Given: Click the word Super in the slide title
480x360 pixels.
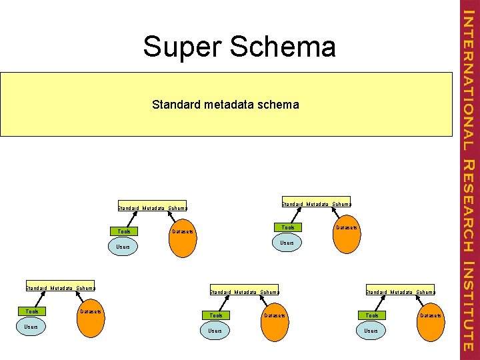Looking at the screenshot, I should [182, 47].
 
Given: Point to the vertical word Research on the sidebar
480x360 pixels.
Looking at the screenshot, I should [469, 205].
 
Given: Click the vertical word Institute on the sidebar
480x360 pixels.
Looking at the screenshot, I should [469, 307].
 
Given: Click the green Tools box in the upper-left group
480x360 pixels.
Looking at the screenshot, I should [124, 231].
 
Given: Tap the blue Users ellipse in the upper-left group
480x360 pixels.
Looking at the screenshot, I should [123, 247].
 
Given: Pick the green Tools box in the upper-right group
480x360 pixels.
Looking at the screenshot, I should [288, 227].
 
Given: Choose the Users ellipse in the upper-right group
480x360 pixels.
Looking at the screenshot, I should [287, 243].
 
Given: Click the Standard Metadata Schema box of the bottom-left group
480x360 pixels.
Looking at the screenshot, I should [60, 287].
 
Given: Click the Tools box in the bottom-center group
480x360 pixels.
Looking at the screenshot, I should [216, 315].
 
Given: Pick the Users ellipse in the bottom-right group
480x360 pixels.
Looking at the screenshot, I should [371, 331].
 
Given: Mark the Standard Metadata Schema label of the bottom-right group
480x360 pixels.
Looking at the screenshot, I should [401, 291].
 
